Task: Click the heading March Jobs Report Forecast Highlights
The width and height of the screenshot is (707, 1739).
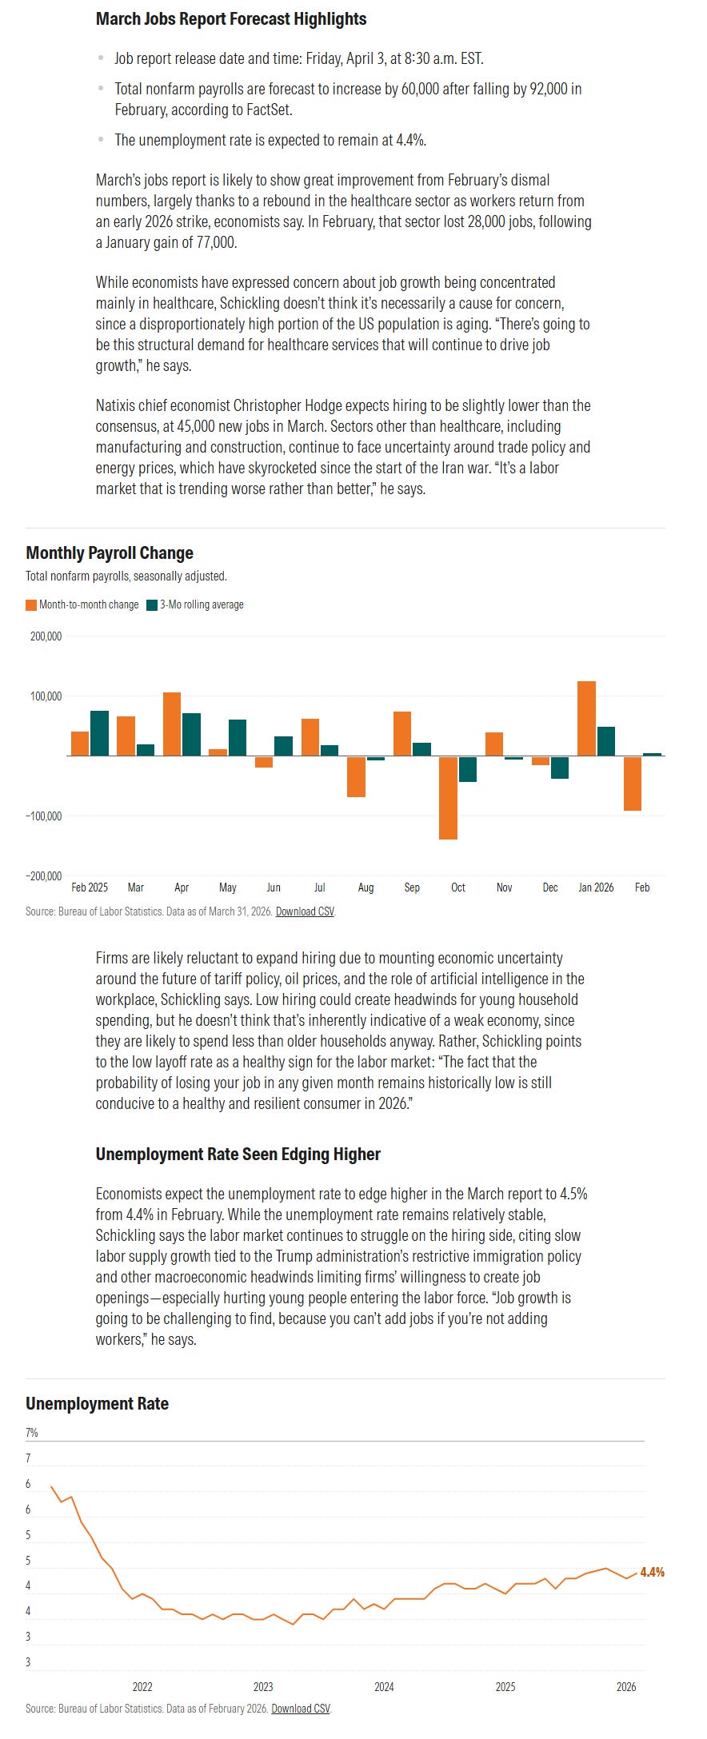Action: [x=231, y=18]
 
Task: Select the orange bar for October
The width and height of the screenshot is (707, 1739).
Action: [x=448, y=797]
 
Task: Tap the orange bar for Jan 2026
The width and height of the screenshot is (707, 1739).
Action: [x=586, y=718]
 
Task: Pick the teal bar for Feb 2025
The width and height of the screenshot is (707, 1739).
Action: [x=99, y=732]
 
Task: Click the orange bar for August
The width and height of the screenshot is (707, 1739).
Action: [x=356, y=776]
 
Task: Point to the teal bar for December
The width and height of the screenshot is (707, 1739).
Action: [x=560, y=767]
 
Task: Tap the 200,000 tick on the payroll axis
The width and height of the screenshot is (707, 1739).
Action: [x=46, y=636]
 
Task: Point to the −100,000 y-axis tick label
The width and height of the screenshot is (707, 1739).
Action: [x=44, y=816]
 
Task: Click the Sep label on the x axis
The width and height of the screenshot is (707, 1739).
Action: [x=412, y=887]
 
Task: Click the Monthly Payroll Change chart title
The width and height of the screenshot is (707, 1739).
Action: [x=110, y=552]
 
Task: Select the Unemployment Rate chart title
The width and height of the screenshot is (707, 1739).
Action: [x=97, y=1404]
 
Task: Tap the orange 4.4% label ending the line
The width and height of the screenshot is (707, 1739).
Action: [x=652, y=1572]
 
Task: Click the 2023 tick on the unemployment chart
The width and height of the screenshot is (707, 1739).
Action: [x=263, y=1687]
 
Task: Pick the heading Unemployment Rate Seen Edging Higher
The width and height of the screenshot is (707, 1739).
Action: [x=238, y=1154]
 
